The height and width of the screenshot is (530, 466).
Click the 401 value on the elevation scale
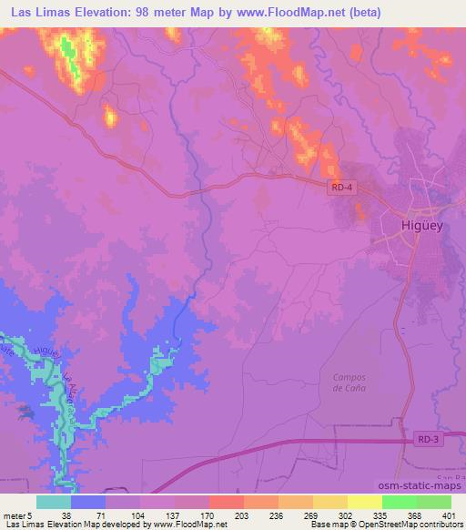click(x=449, y=515)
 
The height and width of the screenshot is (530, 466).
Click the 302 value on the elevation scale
click(x=346, y=515)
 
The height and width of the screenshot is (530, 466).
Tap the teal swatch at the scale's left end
click(x=54, y=501)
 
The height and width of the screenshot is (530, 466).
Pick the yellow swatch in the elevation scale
click(x=364, y=501)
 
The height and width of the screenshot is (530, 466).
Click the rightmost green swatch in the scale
click(x=433, y=501)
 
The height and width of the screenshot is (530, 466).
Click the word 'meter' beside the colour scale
click(x=13, y=515)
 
